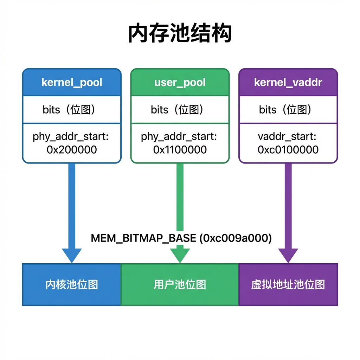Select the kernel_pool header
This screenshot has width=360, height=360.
pyautogui.click(x=72, y=82)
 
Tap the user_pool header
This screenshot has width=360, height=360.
pyautogui.click(x=180, y=82)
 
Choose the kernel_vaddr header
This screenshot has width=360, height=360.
pyautogui.click(x=288, y=82)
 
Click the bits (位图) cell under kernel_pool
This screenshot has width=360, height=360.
pyautogui.click(x=72, y=110)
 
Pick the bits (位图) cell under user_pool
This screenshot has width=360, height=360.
pyautogui.click(x=180, y=110)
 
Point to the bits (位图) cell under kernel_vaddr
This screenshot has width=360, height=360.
pyautogui.click(x=288, y=110)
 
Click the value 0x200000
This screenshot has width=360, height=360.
pyautogui.click(x=72, y=150)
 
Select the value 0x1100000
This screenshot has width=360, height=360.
pyautogui.click(x=180, y=150)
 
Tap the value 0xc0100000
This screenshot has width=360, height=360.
pyautogui.click(x=288, y=150)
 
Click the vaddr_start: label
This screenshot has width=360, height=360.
pyautogui.click(x=287, y=136)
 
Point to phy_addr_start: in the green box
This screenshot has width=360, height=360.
pyautogui.click(x=179, y=137)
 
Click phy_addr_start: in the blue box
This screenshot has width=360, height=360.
pyautogui.click(x=71, y=137)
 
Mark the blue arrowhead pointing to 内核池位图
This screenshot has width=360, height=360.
pyautogui.click(x=72, y=255)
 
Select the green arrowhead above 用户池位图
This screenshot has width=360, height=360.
pyautogui.click(x=180, y=255)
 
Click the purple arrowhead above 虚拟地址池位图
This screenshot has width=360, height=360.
pyautogui.click(x=288, y=255)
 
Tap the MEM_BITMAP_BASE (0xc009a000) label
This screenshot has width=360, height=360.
pyautogui.click(x=181, y=238)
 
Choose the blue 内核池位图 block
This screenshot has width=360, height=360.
pyautogui.click(x=71, y=285)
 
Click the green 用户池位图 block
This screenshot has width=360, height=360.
pyautogui.click(x=180, y=285)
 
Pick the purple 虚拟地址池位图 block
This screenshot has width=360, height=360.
pyautogui.click(x=288, y=285)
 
